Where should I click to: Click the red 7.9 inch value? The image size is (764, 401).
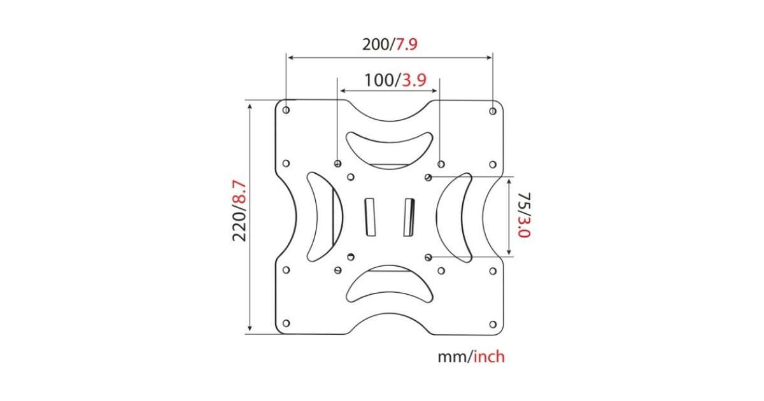(406, 45)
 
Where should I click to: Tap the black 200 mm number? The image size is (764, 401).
(376, 45)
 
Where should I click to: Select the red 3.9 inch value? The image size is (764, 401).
(414, 80)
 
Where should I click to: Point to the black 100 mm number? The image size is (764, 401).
(379, 80)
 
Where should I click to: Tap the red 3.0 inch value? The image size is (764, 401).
(524, 227)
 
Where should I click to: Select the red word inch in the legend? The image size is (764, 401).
(490, 356)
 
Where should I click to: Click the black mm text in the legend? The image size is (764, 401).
(452, 358)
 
